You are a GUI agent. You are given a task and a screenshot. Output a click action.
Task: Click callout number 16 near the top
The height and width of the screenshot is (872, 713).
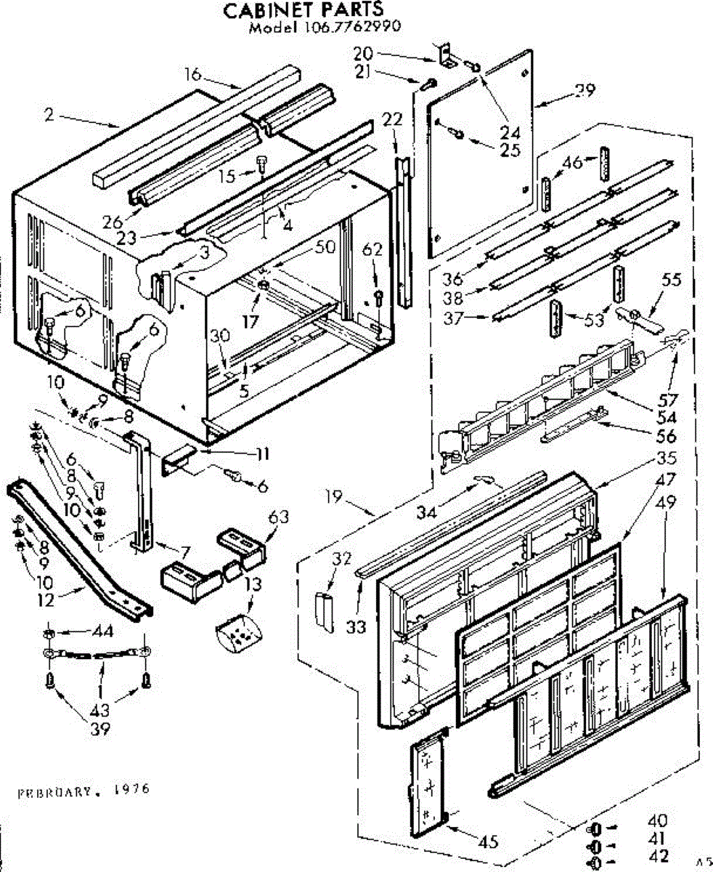point(192,73)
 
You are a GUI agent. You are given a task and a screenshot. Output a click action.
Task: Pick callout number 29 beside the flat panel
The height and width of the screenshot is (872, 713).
point(584,91)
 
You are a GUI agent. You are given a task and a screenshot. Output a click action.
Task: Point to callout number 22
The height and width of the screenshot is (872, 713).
point(392,120)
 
